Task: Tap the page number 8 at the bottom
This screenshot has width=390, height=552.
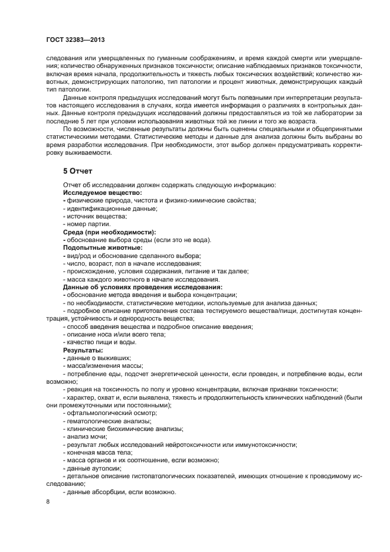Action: [48, 502]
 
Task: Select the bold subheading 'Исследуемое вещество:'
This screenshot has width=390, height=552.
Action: [102, 193]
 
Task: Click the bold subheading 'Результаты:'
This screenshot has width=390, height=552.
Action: [83, 350]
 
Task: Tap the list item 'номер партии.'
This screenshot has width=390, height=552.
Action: [88, 224]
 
